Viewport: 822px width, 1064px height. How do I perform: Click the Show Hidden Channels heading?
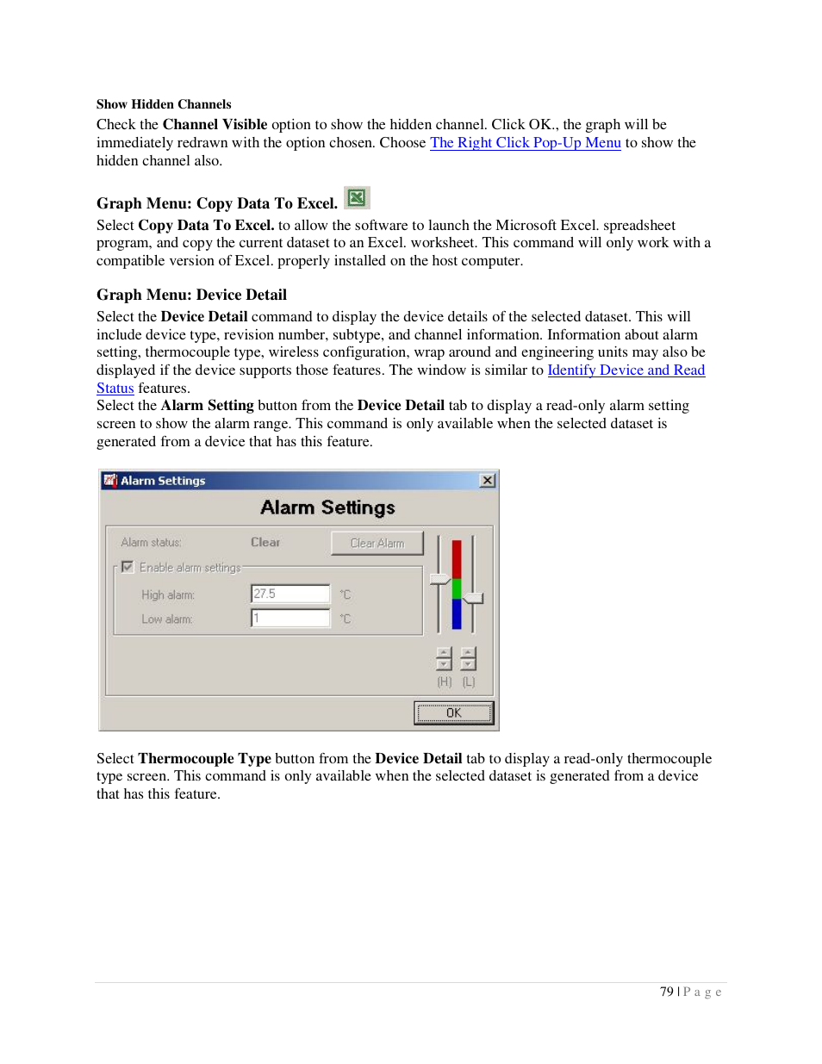[164, 104]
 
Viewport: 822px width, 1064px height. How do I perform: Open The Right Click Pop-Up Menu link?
[525, 143]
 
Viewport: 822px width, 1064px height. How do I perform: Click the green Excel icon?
[356, 198]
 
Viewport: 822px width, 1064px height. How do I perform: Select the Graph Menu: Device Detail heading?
[191, 295]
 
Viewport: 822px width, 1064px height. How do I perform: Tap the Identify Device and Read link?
[626, 370]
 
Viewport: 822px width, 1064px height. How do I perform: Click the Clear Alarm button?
[377, 543]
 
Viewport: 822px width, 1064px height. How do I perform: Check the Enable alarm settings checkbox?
[128, 567]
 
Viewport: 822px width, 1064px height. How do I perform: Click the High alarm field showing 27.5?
[290, 594]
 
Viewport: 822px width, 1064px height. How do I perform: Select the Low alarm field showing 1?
[290, 618]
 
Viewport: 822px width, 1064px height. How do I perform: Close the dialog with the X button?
[488, 481]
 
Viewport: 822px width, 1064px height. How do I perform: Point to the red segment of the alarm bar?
[457, 558]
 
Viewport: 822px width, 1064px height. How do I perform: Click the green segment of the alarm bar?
[457, 588]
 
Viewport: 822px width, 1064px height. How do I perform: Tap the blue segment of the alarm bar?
[457, 613]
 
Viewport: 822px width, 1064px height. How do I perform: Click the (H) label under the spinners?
[444, 681]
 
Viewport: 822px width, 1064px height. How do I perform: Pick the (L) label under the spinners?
[469, 681]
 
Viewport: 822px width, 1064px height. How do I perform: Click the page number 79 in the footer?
[666, 992]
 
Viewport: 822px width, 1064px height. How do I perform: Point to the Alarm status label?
[151, 543]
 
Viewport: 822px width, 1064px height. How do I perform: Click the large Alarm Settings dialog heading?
[327, 507]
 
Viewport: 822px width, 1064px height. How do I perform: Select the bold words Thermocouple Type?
[204, 759]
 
